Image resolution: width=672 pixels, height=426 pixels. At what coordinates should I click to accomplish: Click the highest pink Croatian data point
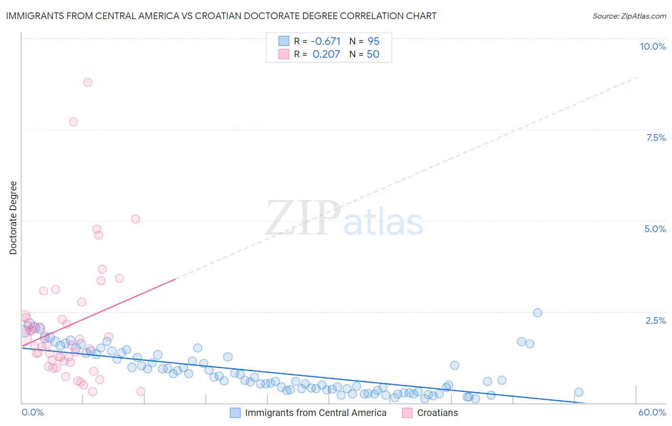87,82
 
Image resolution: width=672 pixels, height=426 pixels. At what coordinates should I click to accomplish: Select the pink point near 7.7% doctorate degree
73,122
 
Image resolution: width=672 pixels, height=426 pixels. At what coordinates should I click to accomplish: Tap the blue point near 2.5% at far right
537,313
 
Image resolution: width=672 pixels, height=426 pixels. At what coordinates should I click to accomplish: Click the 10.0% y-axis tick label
652,46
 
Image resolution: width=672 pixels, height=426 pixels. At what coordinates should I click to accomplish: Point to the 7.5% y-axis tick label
656,138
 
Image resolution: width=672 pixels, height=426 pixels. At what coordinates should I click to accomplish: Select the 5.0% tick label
655,229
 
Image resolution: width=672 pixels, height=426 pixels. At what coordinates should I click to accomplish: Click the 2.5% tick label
655,320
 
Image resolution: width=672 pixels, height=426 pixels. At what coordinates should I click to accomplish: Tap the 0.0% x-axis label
33,412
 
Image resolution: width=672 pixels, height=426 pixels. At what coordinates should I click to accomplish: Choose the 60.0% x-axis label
652,412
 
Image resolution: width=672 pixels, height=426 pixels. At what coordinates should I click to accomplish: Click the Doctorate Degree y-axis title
13,218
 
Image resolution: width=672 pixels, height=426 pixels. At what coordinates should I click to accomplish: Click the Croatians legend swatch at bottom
407,413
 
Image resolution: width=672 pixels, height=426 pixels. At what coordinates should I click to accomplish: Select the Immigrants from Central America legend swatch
235,413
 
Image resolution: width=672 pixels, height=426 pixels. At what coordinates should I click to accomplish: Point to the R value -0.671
325,41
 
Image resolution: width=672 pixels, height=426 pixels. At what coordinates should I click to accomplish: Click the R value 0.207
326,54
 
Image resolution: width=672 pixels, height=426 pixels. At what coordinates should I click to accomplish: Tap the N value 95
373,41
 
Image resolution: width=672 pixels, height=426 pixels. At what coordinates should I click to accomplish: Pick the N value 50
373,54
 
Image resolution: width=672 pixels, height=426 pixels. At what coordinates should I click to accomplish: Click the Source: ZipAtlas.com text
629,16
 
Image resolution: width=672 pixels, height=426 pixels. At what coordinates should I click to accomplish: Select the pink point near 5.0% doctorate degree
135,219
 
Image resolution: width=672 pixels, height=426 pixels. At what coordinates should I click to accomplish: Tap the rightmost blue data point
578,392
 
